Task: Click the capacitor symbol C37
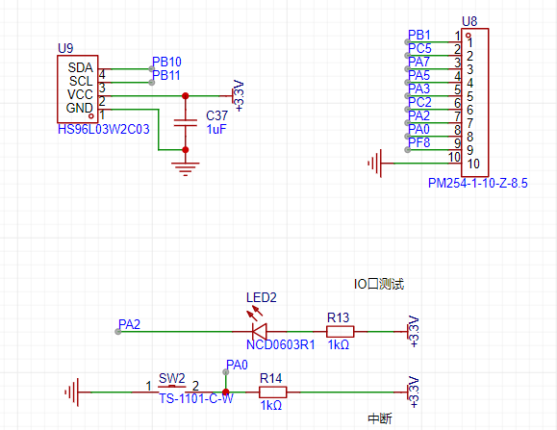tap(185, 123)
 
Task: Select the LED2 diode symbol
tap(260, 331)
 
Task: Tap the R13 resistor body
tap(340, 332)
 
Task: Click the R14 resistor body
tap(273, 392)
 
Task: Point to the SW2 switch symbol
tap(172, 388)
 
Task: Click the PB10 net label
tap(166, 62)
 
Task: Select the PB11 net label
tap(165, 75)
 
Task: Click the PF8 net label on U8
tap(419, 142)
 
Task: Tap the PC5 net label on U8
tap(419, 48)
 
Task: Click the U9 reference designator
tap(65, 48)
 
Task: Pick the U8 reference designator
tap(469, 22)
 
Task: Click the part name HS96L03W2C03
tap(103, 129)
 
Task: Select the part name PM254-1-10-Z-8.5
tap(478, 183)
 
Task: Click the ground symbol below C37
tap(185, 168)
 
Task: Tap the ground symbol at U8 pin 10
tap(375, 164)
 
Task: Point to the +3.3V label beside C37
tap(239, 96)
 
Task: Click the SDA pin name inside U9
tap(80, 67)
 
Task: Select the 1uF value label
tap(216, 129)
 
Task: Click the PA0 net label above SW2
tap(237, 365)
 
